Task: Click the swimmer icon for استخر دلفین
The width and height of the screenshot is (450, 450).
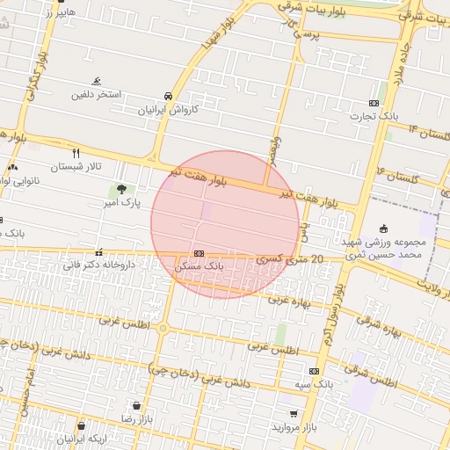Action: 96,81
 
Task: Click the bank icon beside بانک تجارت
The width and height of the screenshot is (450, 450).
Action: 374,103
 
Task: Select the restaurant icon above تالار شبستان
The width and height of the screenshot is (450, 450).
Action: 76,152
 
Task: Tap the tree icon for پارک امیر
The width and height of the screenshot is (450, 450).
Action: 120,189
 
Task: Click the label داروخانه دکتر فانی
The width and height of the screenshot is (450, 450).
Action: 98,263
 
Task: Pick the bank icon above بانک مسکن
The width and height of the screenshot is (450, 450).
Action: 200,253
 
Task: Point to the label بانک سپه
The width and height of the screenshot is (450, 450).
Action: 314,384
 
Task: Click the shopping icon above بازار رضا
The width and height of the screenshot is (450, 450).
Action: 137,405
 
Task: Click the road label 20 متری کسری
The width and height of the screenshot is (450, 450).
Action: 290,259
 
